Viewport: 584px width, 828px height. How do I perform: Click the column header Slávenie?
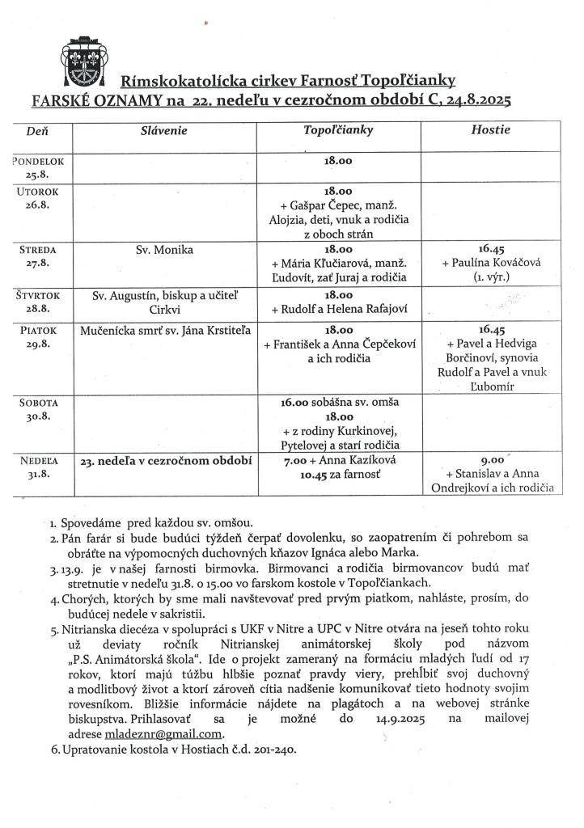coord(163,130)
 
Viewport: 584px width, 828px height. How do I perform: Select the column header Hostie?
coord(489,130)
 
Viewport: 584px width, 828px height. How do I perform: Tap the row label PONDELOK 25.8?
coord(38,167)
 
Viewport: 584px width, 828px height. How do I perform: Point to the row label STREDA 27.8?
coord(38,257)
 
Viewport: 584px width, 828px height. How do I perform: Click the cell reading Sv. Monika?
coord(165,250)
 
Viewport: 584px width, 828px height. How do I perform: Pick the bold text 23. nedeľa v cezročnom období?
coord(166,462)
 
